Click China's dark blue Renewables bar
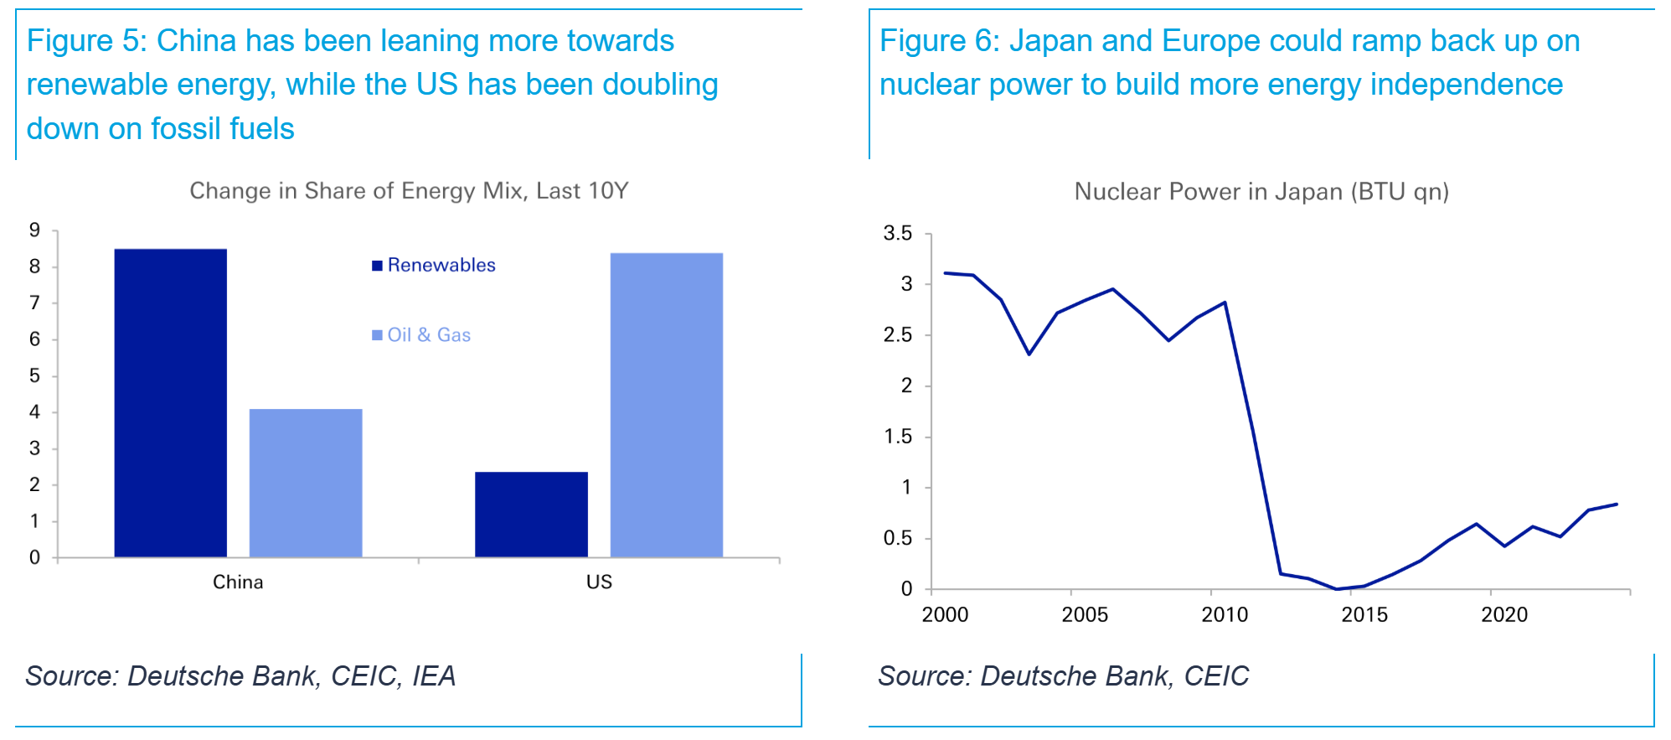tap(170, 402)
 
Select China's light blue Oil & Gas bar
tap(306, 483)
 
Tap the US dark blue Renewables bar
tap(531, 514)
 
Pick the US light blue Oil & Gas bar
tap(666, 405)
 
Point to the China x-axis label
tap(238, 582)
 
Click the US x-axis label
tap(599, 582)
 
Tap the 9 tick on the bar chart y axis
tap(34, 230)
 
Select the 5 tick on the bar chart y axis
tap(34, 375)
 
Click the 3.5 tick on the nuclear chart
tap(897, 234)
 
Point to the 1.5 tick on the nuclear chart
tap(897, 437)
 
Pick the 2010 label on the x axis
tap(1224, 615)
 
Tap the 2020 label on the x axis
tap(1503, 615)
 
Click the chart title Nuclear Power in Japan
tap(1261, 192)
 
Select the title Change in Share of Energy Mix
tap(409, 191)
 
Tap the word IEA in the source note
tap(434, 676)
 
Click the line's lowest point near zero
tap(1337, 589)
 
